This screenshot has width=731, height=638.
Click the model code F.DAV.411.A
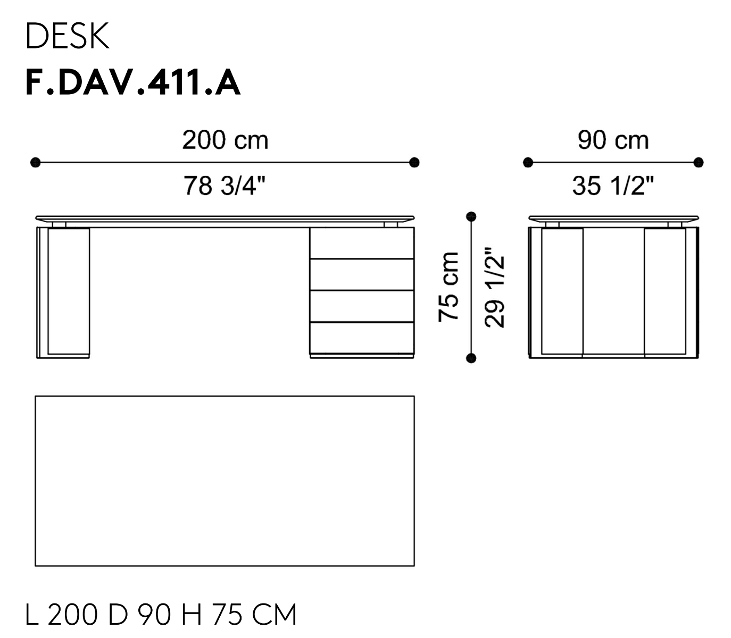pos(132,83)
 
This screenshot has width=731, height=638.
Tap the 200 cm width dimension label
pos(225,140)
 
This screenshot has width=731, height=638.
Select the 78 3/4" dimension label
pos(225,186)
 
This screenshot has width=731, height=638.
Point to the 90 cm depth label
pos(613,140)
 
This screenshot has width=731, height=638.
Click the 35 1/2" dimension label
pos(613,186)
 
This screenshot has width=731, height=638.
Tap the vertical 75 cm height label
pos(448,287)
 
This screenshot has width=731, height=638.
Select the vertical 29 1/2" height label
pos(495,287)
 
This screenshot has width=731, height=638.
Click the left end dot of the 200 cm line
pos(35,162)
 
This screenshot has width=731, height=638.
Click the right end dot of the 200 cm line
pos(414,162)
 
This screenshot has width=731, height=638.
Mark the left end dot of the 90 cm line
pos(528,162)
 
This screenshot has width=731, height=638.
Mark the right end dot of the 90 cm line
pos(699,162)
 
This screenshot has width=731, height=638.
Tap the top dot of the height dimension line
pos(471,216)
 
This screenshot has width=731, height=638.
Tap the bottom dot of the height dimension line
pos(471,358)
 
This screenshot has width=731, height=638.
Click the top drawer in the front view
pos(362,243)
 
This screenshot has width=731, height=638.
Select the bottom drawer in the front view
pos(362,337)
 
